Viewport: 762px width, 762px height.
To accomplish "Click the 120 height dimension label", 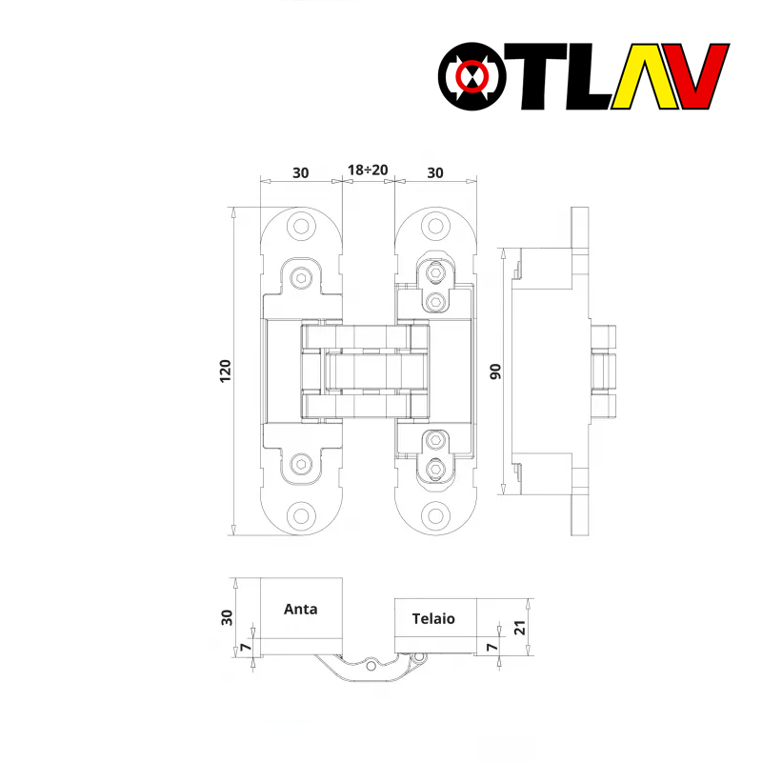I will tap(225, 371).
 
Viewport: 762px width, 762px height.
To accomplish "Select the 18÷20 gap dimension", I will tap(368, 171).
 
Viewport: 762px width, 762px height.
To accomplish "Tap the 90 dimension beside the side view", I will tap(495, 371).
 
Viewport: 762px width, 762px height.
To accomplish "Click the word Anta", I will tap(301, 609).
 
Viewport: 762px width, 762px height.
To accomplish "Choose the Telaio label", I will tap(433, 618).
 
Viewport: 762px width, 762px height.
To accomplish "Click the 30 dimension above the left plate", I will tap(300, 172).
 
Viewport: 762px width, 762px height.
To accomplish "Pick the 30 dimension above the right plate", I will tap(434, 172).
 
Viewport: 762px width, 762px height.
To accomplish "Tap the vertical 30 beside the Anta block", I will tap(226, 616).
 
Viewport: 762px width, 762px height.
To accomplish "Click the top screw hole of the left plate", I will tap(302, 227).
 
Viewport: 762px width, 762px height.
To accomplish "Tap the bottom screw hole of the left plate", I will tap(302, 515).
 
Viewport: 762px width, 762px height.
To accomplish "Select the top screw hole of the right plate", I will tap(436, 227).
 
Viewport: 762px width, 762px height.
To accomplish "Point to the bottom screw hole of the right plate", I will tap(436, 515).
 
